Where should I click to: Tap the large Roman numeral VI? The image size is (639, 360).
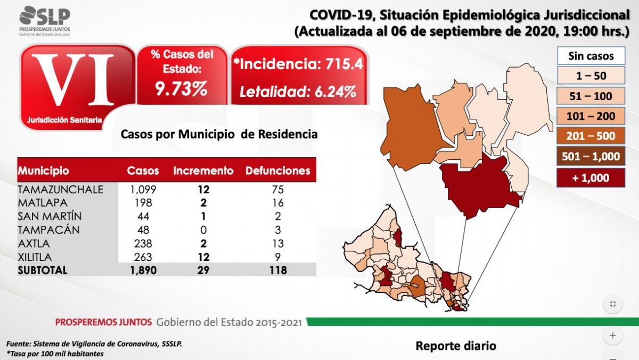pos(78,80)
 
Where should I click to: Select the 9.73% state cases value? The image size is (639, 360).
pos(181,89)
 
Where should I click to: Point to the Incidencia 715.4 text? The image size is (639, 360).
pos(298,64)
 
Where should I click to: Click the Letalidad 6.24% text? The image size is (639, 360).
pos(298,92)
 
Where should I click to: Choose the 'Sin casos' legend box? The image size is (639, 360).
pos(591,56)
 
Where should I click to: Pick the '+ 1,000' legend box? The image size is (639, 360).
pos(591,178)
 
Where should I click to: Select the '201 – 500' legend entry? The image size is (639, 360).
pos(591,136)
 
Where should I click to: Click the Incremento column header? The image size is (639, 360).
pos(203,171)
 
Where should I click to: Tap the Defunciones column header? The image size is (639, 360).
pos(277,171)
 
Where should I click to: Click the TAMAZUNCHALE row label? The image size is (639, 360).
pos(60,190)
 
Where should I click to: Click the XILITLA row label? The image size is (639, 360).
pos(37,257)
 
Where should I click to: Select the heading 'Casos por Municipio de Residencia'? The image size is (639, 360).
pos(219,134)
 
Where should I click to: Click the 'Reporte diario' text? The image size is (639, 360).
pos(455,346)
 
